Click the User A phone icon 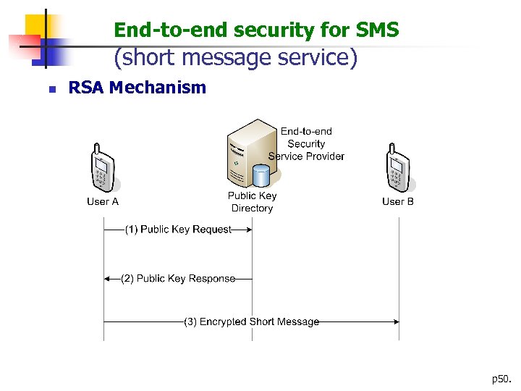(103, 169)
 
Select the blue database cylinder (260, 175)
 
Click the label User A (103, 201)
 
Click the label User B (398, 201)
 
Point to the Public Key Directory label (252, 202)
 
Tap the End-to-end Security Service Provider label (306, 143)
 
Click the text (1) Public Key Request (178, 230)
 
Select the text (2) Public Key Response (178, 279)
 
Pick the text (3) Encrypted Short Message (251, 321)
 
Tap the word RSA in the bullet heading (85, 88)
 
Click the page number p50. (500, 379)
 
